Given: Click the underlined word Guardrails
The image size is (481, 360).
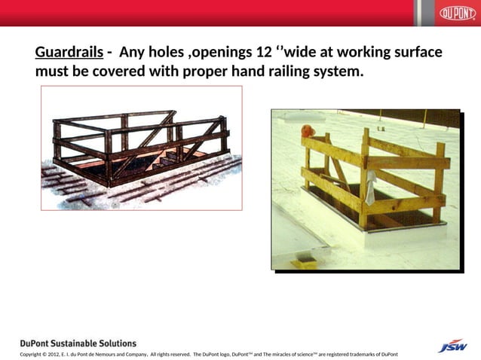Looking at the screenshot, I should click(69, 53).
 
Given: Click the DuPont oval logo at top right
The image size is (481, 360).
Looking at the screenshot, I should click(458, 14).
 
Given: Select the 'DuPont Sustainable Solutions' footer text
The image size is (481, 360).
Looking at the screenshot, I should click(78, 343).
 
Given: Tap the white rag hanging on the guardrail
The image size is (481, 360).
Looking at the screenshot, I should click(370, 188).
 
